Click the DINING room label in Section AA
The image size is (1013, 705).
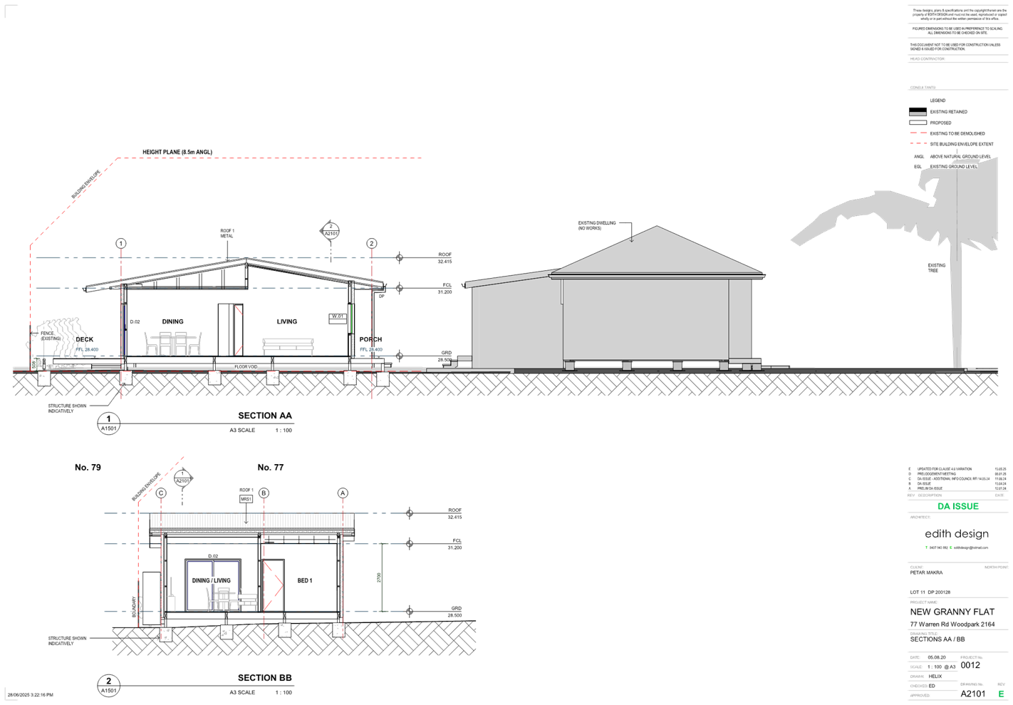click(x=172, y=321)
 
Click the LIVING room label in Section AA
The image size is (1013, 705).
click(x=287, y=321)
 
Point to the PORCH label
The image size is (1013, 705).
click(x=370, y=339)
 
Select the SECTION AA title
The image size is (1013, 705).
click(x=264, y=416)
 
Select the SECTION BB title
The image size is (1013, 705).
click(x=264, y=678)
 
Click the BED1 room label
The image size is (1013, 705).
click(x=304, y=581)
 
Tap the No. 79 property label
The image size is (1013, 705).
click(x=88, y=468)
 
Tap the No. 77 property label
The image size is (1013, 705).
click(x=271, y=468)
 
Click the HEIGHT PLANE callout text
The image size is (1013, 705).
click(x=177, y=152)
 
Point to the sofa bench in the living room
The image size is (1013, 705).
click(x=288, y=346)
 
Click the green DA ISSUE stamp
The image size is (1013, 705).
click(x=957, y=506)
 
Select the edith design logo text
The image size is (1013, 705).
click(x=956, y=533)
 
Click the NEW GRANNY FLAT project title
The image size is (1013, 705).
click(x=952, y=612)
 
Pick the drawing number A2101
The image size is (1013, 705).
click(x=972, y=694)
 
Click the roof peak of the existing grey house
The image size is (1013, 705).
click(x=658, y=228)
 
